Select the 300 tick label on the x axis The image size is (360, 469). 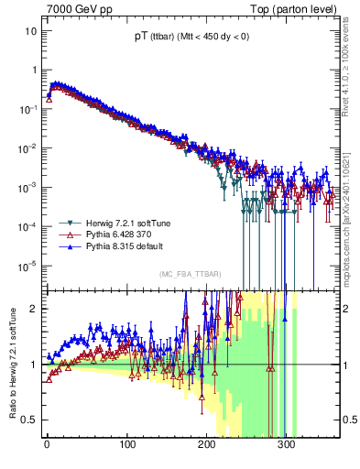(287, 446)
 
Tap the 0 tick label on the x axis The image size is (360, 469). (47, 446)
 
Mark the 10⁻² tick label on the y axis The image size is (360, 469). (28, 147)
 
